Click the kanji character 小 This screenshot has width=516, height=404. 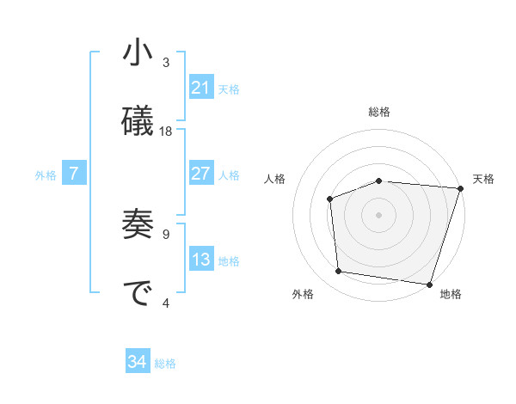coord(138,53)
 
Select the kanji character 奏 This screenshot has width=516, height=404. coord(138,224)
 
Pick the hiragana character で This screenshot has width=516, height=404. coord(138,293)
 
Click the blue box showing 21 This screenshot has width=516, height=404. coord(201,88)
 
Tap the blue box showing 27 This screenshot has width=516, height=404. coord(201,174)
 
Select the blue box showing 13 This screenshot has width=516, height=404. coord(201,260)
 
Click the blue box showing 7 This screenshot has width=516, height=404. coord(74,174)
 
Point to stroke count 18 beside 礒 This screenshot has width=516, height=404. coord(166,132)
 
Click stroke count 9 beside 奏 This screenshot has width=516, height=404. coord(166,233)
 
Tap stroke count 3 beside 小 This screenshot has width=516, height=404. coord(166,62)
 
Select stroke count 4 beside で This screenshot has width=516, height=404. coord(166,303)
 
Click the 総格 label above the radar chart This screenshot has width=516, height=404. coord(379,113)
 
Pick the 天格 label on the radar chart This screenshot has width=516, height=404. coord(483,179)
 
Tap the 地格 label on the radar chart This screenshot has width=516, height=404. coord(451,294)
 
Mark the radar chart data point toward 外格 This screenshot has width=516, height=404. coord(339,272)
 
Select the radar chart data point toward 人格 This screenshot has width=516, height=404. coord(329,199)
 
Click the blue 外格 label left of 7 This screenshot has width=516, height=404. coord(46,175)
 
